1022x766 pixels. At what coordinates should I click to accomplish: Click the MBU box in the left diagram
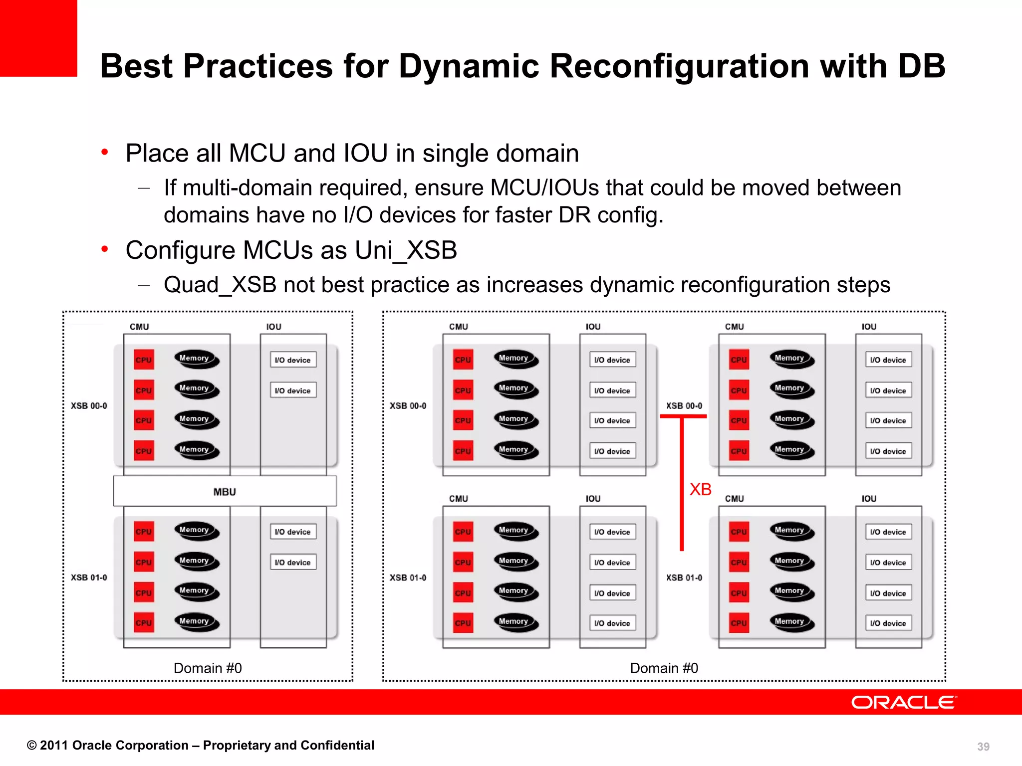[225, 492]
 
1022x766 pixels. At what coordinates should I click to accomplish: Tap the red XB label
[700, 489]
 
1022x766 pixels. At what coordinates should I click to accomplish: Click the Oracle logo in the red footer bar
[904, 702]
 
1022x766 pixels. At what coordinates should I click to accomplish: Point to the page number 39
[983, 747]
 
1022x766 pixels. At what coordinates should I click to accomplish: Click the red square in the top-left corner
[38, 38]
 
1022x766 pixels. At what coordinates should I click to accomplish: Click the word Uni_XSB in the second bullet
[406, 250]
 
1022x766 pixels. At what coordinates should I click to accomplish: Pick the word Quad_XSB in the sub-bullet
[220, 285]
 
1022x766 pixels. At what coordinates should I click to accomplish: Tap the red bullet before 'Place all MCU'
[104, 152]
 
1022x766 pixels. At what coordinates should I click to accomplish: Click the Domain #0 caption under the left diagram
[208, 668]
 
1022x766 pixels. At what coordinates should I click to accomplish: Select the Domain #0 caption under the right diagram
[664, 668]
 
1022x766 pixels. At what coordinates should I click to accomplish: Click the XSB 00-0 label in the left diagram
[89, 406]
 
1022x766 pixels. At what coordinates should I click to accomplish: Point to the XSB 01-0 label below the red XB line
[684, 577]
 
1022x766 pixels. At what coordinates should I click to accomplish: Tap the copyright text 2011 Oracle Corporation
[200, 745]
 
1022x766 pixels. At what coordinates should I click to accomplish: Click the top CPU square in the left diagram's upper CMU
[144, 360]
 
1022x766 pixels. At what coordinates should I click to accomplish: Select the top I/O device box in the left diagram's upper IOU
[293, 360]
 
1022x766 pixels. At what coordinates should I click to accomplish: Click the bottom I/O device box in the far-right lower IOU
[888, 623]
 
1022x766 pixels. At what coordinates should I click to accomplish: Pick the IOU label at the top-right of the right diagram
[869, 327]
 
